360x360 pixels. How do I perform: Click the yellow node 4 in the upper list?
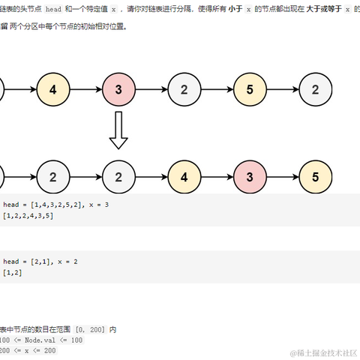coord(52,90)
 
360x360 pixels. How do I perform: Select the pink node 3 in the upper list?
coord(118,90)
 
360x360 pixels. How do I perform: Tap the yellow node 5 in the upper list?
coord(250,90)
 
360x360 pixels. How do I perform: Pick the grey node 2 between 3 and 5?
coord(184,90)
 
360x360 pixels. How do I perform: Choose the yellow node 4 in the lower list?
coord(184,178)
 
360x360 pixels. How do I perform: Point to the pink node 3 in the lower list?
coord(250,178)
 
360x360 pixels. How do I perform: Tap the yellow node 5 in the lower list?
coord(315,178)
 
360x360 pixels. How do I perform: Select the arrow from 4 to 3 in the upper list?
coord(85,90)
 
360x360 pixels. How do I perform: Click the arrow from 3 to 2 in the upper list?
coord(151,90)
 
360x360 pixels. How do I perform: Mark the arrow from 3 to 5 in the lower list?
coord(283,178)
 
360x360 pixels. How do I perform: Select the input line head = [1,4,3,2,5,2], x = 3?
coord(55,205)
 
